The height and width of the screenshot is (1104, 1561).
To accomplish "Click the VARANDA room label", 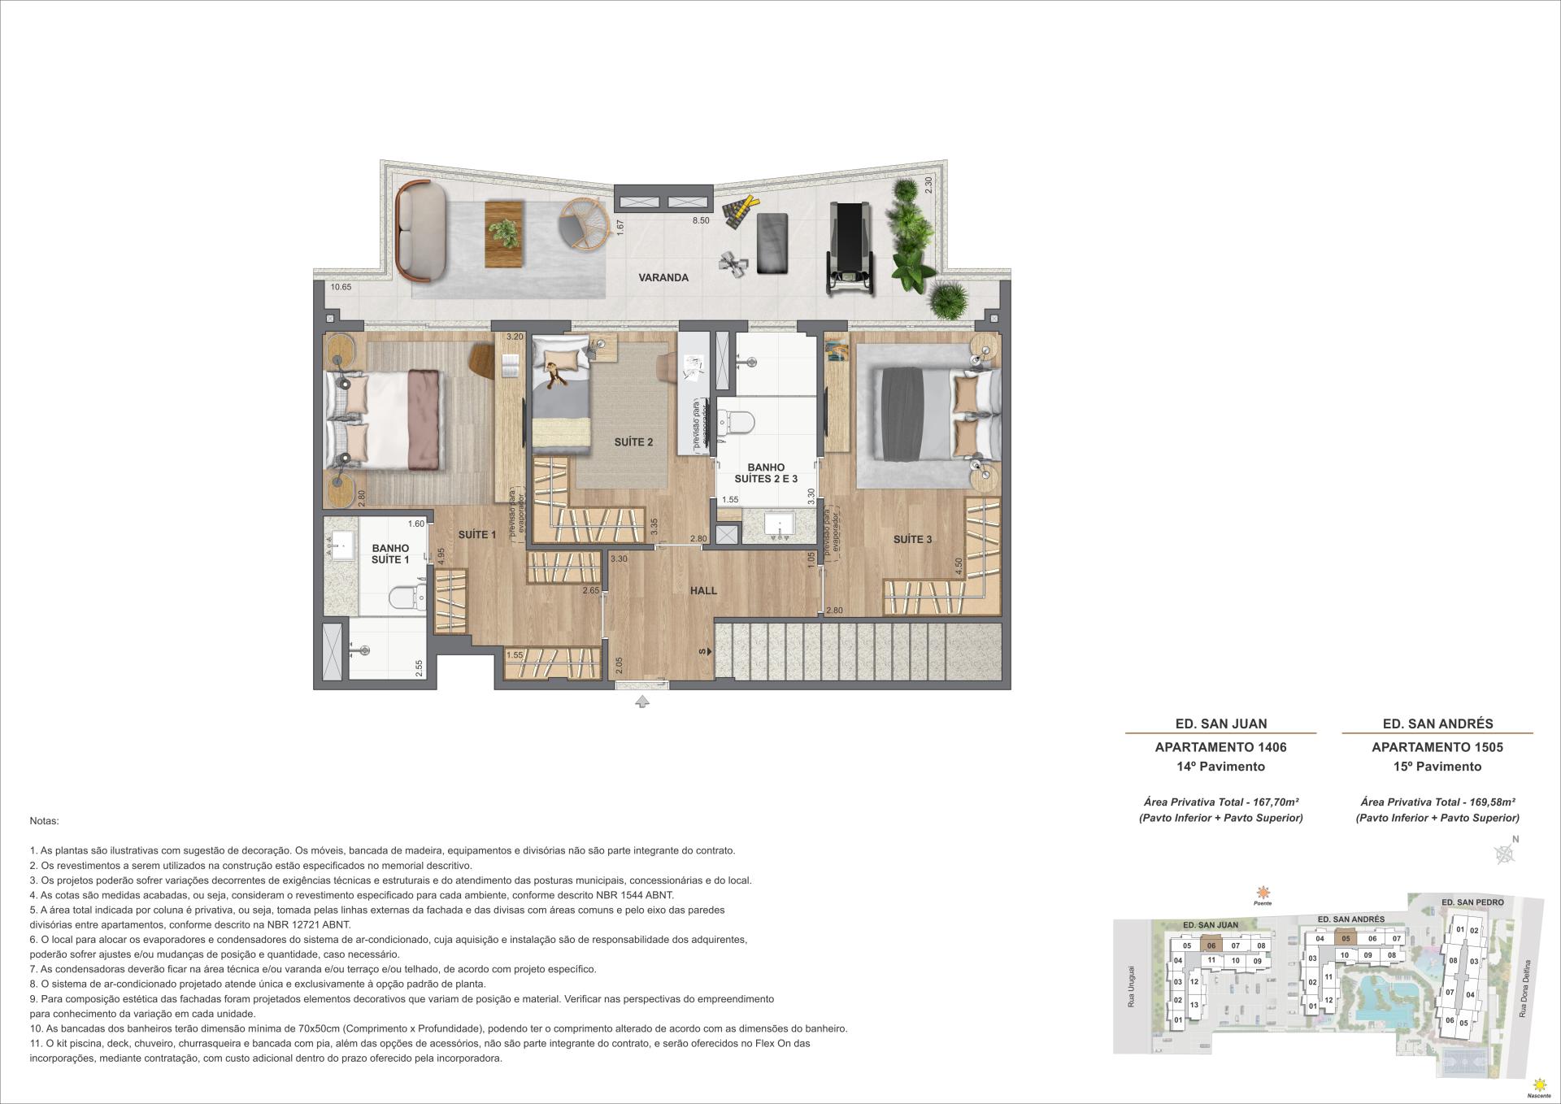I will (x=663, y=277).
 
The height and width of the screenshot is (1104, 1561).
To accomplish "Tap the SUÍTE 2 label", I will (x=633, y=442).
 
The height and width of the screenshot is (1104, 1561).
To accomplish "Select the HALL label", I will (x=703, y=590).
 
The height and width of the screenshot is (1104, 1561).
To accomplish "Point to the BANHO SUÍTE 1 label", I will (x=390, y=554).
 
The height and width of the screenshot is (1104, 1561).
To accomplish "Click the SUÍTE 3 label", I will (x=912, y=539).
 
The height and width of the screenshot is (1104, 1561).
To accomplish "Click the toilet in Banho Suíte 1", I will (x=407, y=598).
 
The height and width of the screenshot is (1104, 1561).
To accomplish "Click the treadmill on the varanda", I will (x=849, y=247).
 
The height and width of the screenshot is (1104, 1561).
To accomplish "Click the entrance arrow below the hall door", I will (x=641, y=702).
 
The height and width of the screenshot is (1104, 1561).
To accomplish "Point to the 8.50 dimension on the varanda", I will (x=700, y=220).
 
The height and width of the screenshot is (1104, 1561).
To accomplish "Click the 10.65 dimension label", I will (x=341, y=287).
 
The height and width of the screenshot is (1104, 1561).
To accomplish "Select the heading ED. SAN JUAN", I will (x=1220, y=723).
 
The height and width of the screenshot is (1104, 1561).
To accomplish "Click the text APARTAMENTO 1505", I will (x=1437, y=746).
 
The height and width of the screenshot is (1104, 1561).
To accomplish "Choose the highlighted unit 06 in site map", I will (x=1211, y=945).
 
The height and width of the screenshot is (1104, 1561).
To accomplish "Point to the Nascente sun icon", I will (x=1537, y=1084).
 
